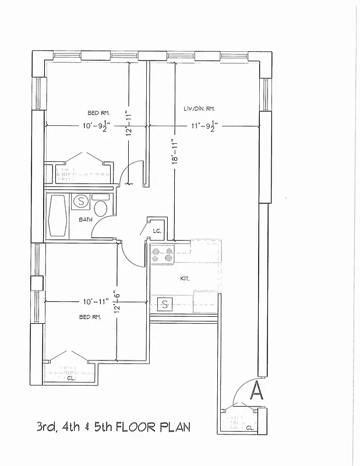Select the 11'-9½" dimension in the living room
[x=203, y=126]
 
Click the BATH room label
[x=86, y=220]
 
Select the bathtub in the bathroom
[x=58, y=215]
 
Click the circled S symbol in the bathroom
[x=81, y=202]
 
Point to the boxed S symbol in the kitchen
[x=165, y=303]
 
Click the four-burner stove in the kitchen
[x=162, y=254]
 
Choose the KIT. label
[x=184, y=279]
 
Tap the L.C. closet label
[x=156, y=231]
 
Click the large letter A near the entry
[x=256, y=390]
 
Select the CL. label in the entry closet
[x=249, y=428]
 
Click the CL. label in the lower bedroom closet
[x=70, y=378]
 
